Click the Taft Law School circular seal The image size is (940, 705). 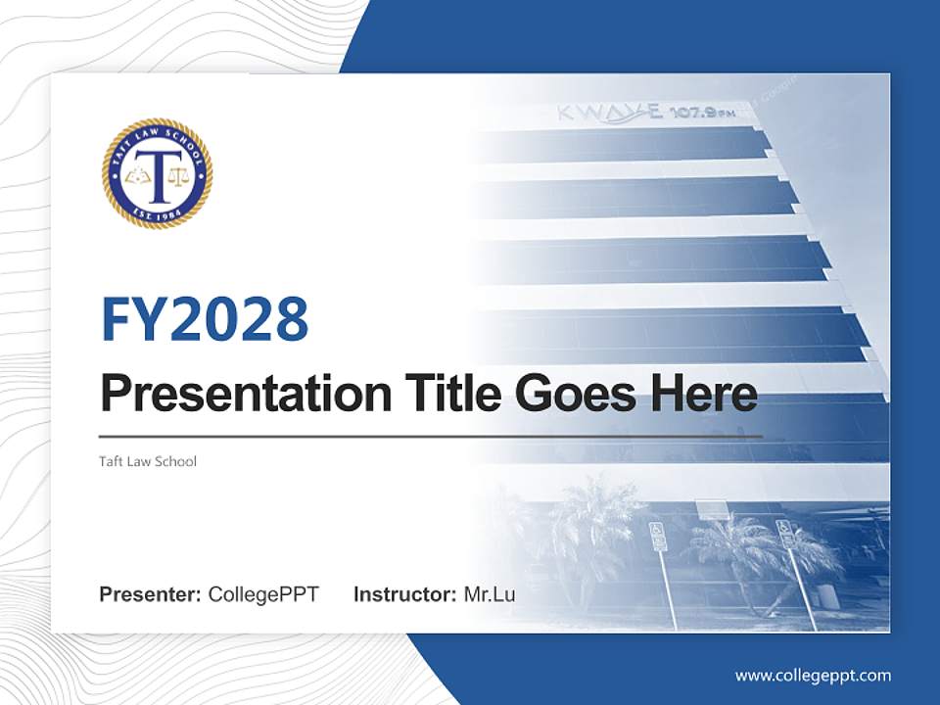click(157, 174)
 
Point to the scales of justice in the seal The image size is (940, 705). click(177, 177)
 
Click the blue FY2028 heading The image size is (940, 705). click(205, 319)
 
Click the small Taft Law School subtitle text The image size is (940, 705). click(148, 460)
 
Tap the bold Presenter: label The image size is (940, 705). click(151, 594)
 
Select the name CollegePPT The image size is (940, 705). click(263, 594)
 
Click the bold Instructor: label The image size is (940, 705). click(404, 594)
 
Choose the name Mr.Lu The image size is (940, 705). click(490, 594)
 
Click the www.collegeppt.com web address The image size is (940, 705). click(813, 675)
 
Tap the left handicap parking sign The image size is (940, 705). click(658, 536)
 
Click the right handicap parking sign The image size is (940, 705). click(785, 533)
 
